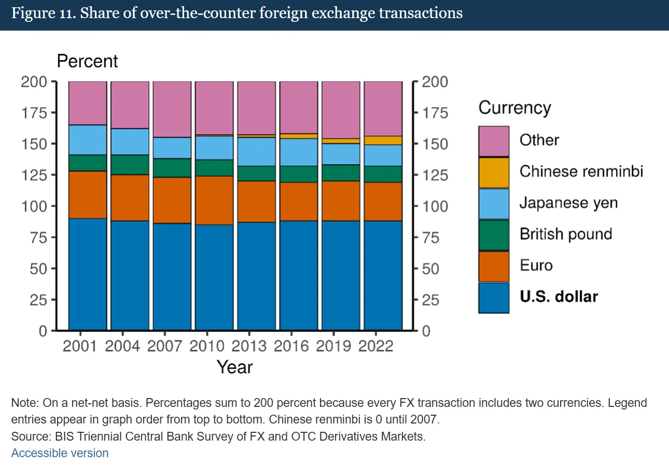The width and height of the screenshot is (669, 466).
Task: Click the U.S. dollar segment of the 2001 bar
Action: (x=88, y=274)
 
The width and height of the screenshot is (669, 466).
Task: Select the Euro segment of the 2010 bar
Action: (x=214, y=200)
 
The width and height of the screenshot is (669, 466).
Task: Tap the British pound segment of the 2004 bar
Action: (x=130, y=165)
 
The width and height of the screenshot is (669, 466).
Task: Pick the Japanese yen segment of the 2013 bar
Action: (x=257, y=151)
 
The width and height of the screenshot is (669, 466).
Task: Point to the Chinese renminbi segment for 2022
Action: (x=383, y=140)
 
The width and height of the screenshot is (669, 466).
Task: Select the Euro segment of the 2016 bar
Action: (x=299, y=202)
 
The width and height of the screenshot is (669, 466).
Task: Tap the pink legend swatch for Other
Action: (x=494, y=141)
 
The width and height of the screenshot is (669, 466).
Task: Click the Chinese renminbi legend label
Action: (x=581, y=172)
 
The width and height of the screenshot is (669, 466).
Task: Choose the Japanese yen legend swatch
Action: (x=494, y=204)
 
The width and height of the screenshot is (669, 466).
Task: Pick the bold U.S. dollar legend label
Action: (x=559, y=297)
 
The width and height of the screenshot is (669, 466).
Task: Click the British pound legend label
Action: (x=566, y=234)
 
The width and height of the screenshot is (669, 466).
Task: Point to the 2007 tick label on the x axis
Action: (x=164, y=346)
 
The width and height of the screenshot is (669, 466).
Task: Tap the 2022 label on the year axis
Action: (x=376, y=346)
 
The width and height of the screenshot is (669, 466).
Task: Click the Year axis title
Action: (x=234, y=367)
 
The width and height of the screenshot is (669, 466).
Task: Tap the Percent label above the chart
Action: (x=87, y=61)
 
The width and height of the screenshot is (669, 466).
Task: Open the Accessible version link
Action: (x=60, y=453)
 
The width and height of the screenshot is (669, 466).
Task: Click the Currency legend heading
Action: (x=514, y=108)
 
